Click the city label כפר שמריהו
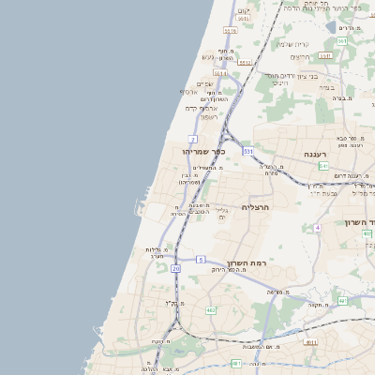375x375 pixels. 207,150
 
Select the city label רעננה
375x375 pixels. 314,154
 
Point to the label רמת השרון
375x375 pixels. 247,263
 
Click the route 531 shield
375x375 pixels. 248,150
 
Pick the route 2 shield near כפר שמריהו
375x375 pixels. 192,139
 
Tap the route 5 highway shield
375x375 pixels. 201,259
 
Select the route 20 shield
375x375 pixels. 175,268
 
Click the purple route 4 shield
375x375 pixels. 318,227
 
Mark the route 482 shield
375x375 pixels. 211,309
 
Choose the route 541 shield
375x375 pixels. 323,166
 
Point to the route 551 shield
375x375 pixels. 343,41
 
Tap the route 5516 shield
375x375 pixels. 231,31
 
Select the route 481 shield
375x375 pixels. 236,363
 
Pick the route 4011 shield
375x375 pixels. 310,342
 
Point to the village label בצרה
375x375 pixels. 327,87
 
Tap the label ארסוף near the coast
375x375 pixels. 187,92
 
